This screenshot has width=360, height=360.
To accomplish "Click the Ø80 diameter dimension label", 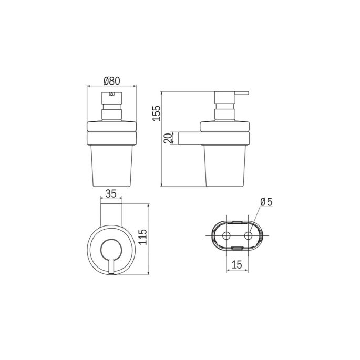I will click(x=112, y=80).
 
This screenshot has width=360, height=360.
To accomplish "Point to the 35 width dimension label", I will click(x=110, y=193).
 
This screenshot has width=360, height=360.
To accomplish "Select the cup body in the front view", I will click(x=112, y=166).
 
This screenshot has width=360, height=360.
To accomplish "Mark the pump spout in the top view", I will click(x=111, y=265).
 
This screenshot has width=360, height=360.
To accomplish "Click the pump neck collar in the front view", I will click(x=112, y=114).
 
